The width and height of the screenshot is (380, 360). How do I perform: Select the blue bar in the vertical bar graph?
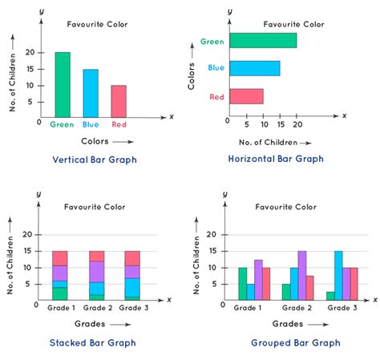click(x=90, y=93)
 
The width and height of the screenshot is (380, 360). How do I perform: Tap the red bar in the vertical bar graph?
click(x=118, y=101)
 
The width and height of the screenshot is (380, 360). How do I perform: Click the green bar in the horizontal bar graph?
click(x=262, y=40)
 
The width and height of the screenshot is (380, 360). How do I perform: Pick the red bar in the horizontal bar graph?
click(x=246, y=96)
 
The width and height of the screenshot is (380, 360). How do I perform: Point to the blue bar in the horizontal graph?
click(x=254, y=68)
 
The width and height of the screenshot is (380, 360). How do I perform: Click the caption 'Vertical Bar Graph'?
click(x=95, y=160)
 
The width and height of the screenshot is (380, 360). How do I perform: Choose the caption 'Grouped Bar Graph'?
click(x=284, y=342)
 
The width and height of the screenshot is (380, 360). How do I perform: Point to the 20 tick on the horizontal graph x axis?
click(x=297, y=123)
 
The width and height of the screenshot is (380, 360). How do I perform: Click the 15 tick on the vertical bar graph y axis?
click(x=30, y=69)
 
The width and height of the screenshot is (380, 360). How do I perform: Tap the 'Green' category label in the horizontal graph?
click(x=212, y=41)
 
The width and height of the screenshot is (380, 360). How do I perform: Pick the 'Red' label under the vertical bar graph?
click(x=118, y=124)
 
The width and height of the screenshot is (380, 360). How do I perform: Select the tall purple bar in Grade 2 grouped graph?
click(x=302, y=275)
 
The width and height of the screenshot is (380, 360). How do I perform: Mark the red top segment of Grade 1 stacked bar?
click(x=59, y=257)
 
